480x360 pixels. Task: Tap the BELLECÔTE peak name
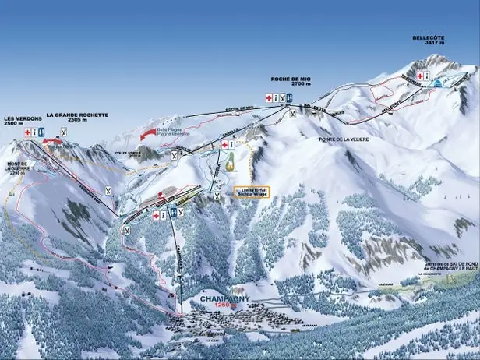432,37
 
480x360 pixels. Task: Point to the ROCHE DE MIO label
291,79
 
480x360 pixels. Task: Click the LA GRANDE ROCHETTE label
77,115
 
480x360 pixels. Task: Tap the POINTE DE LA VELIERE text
344,139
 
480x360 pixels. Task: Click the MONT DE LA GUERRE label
17,166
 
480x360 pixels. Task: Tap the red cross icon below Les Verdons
28,133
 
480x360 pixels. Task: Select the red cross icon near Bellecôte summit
420,76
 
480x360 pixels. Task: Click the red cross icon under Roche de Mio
270,97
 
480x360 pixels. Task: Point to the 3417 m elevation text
433,44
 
